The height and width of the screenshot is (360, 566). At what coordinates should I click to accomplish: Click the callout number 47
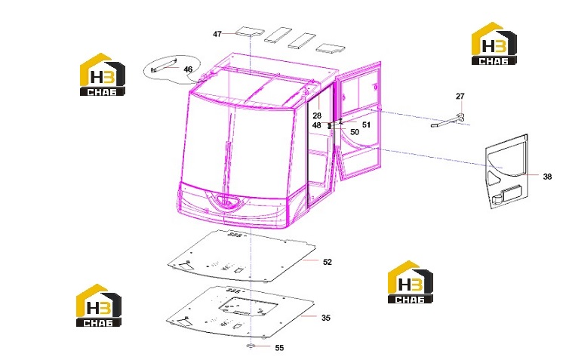coord(217,34)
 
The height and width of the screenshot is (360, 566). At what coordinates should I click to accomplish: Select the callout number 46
coord(188,69)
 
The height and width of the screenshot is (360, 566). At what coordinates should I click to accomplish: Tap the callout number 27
coord(460,97)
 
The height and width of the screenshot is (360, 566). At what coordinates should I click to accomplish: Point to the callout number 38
coord(547,177)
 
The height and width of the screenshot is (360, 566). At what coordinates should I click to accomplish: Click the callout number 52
coord(327,262)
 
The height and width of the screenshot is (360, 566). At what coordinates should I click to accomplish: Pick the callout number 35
coord(325,318)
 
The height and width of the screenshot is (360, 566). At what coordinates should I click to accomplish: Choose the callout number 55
coord(279,348)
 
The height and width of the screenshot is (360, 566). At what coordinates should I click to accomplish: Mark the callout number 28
coord(317,116)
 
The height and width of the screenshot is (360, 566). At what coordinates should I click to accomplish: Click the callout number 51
coord(366,125)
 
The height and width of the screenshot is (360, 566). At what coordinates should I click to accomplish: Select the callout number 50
coord(355,132)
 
